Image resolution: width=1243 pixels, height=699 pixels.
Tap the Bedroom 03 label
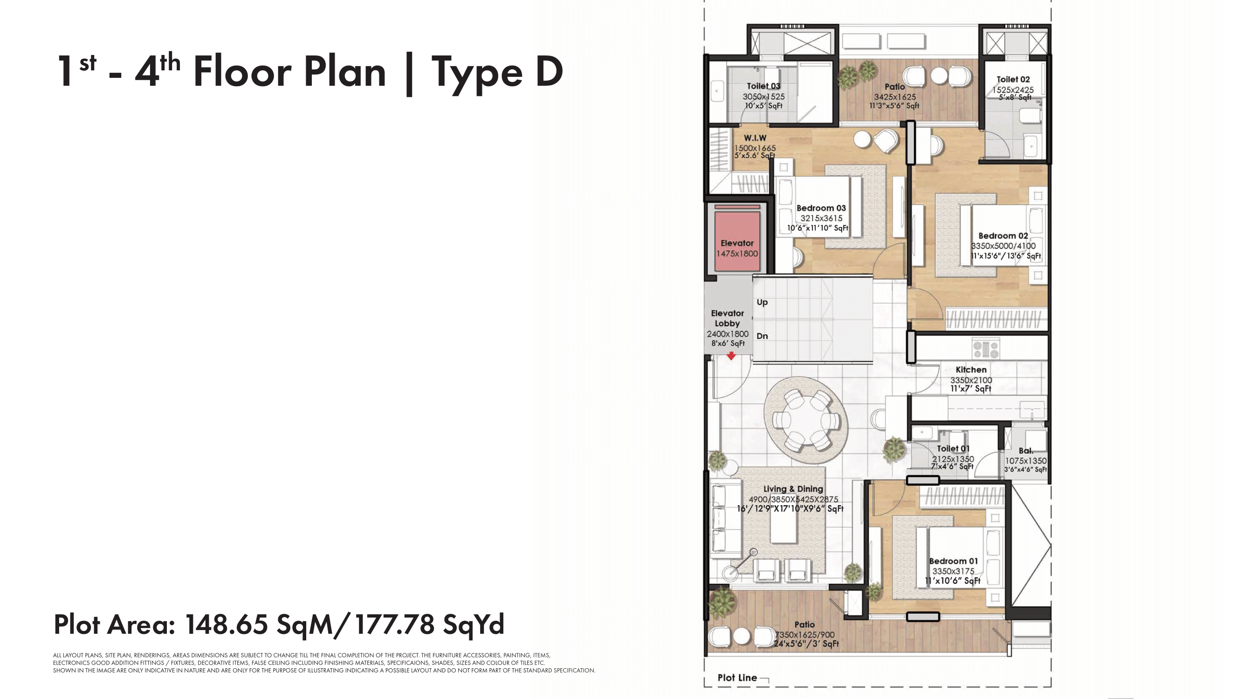pyautogui.click(x=821, y=208)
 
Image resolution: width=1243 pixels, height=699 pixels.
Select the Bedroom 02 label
pyautogui.click(x=1003, y=235)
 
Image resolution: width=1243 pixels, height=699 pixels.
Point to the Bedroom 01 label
pyautogui.click(x=953, y=561)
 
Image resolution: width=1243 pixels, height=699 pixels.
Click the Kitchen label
pyautogui.click(x=971, y=370)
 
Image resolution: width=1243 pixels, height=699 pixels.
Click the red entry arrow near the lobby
pyautogui.click(x=731, y=356)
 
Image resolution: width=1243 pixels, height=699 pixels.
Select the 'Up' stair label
pyautogui.click(x=762, y=302)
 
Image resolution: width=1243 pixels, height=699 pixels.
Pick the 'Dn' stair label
pyautogui.click(x=762, y=336)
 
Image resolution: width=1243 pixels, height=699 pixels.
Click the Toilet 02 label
pyautogui.click(x=1013, y=79)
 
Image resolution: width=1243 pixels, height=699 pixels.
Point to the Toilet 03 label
pyautogui.click(x=763, y=86)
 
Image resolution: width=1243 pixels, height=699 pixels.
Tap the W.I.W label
pyautogui.click(x=755, y=138)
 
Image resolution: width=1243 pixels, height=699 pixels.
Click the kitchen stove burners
pyautogui.click(x=986, y=348)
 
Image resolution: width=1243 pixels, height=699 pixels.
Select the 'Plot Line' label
pyautogui.click(x=737, y=677)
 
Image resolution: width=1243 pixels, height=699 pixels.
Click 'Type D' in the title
pyautogui.click(x=497, y=72)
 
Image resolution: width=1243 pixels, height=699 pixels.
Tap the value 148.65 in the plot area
pyautogui.click(x=227, y=624)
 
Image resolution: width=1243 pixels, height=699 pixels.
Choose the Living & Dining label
pyautogui.click(x=793, y=489)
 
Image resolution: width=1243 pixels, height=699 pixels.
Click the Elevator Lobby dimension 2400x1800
pyautogui.click(x=727, y=334)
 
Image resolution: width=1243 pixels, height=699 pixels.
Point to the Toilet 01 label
pyautogui.click(x=953, y=449)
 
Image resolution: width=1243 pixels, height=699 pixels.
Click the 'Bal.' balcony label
pyautogui.click(x=1025, y=451)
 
